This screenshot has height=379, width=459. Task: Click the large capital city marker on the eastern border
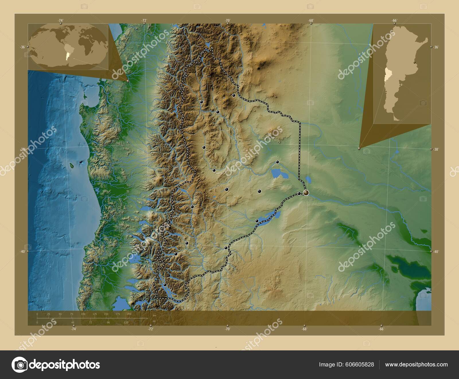tap(306, 193)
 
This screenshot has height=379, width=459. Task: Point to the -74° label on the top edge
tap(60, 20)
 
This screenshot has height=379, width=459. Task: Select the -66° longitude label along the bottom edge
tap(381, 329)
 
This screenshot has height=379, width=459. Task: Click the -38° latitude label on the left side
tap(23, 149)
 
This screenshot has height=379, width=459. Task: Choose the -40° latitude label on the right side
tap(436, 252)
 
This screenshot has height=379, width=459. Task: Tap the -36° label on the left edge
tap(23, 47)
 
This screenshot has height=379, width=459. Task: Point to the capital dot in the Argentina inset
tap(414, 63)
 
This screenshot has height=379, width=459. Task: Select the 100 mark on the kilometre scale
tap(83, 314)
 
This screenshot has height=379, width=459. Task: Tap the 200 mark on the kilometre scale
tap(129, 314)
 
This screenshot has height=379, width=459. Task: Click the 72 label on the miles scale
tap(91, 322)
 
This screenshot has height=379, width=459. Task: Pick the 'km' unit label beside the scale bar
tap(154, 315)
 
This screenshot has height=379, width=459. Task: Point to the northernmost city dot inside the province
tap(234, 95)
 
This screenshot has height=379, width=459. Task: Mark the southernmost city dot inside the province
tap(165, 285)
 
